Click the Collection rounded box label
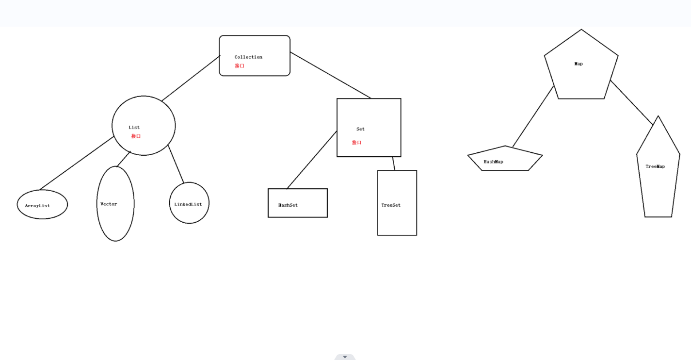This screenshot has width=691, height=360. click(248, 57)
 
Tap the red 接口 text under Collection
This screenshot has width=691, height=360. click(240, 66)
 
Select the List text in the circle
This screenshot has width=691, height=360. click(134, 128)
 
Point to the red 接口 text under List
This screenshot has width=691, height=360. click(136, 136)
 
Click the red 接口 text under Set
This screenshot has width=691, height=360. click(357, 143)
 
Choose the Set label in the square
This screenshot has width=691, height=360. click(360, 129)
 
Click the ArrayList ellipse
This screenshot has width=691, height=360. click(42, 205)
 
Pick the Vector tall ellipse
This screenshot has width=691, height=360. click(115, 204)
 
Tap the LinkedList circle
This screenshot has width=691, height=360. click(189, 203)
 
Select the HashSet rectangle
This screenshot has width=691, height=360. click(298, 203)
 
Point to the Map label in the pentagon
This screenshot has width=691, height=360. click(579, 64)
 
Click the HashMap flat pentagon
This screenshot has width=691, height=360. click(504, 160)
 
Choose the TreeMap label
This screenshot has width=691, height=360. click(655, 166)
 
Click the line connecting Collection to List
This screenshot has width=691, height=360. click(191, 79)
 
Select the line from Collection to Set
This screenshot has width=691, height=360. click(330, 75)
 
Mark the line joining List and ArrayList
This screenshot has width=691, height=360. click(77, 163)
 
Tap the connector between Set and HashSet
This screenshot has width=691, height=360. click(312, 160)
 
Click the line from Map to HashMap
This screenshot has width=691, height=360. click(533, 116)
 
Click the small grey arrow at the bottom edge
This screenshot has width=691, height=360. click(345, 357)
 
